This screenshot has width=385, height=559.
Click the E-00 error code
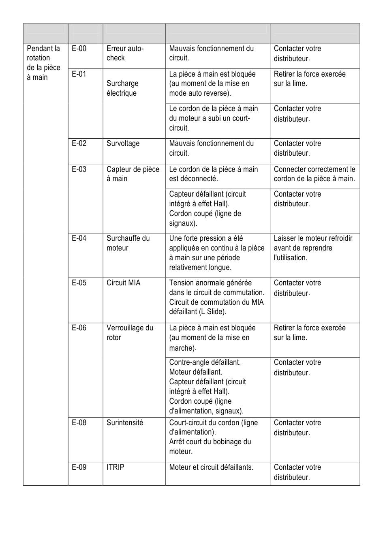coord(79,49)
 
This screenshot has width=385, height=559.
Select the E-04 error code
coord(79,238)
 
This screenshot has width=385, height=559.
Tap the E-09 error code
coord(79,467)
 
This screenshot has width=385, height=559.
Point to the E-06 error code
coord(79,328)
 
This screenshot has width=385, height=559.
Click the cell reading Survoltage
coord(123,143)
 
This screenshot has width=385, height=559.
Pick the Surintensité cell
coord(125,423)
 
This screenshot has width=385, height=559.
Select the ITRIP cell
coord(115,467)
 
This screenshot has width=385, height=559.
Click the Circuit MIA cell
coord(123,283)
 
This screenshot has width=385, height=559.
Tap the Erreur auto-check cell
coord(125,53)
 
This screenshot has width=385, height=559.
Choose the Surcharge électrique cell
coord(122,88)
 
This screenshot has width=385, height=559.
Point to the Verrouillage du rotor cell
coord(130,333)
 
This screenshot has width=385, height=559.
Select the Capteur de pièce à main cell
coord(133,174)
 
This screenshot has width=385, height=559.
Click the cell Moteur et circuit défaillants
coord(211,467)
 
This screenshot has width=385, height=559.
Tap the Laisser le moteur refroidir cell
coord(313,248)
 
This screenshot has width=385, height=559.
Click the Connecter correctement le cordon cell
coord(314,174)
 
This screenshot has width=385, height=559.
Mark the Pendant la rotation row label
coord(43,63)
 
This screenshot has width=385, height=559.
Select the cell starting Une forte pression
coord(217,253)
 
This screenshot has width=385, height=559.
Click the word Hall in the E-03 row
coord(220,204)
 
